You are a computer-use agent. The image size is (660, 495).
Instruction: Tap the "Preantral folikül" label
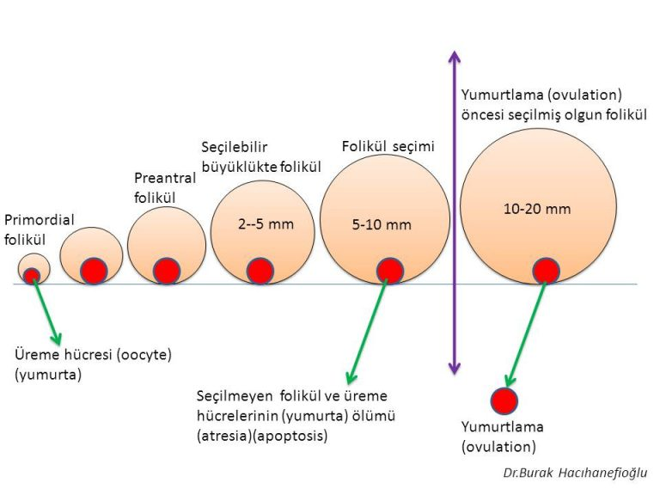click(165, 187)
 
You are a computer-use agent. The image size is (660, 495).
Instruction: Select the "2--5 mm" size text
click(266, 224)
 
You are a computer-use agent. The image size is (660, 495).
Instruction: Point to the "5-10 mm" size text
click(382, 225)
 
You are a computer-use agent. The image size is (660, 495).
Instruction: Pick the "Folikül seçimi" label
click(388, 147)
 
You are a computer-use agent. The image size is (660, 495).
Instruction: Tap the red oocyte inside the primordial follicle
click(32, 276)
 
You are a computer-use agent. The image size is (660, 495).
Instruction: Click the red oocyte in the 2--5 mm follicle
click(260, 271)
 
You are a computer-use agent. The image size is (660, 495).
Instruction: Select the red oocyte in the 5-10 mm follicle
click(389, 270)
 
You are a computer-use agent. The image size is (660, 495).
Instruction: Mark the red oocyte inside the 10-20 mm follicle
click(546, 270)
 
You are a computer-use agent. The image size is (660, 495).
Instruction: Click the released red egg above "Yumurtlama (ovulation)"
click(504, 401)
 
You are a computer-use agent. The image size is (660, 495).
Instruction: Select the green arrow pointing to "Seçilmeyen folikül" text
click(365, 331)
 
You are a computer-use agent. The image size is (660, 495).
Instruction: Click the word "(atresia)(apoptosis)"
click(261, 437)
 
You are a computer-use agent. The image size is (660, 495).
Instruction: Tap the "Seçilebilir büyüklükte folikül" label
click(260, 156)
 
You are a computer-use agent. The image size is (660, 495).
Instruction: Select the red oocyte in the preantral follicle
click(167, 271)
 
